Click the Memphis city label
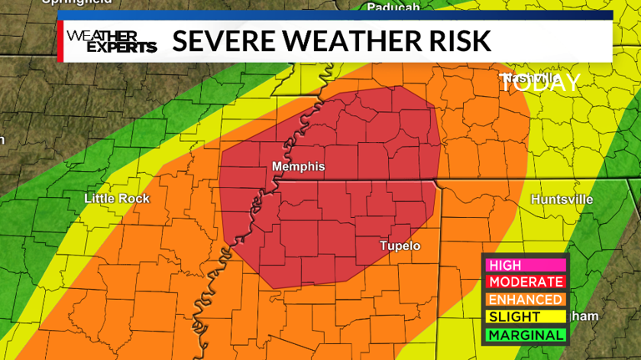[x=298, y=167]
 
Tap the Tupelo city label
[x=400, y=246]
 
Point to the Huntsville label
[x=562, y=200]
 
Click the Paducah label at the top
[x=392, y=8]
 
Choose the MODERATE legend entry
[x=525, y=282]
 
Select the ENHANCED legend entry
[x=525, y=300]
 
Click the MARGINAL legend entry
[x=525, y=335]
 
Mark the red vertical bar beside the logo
[x=60, y=41]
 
